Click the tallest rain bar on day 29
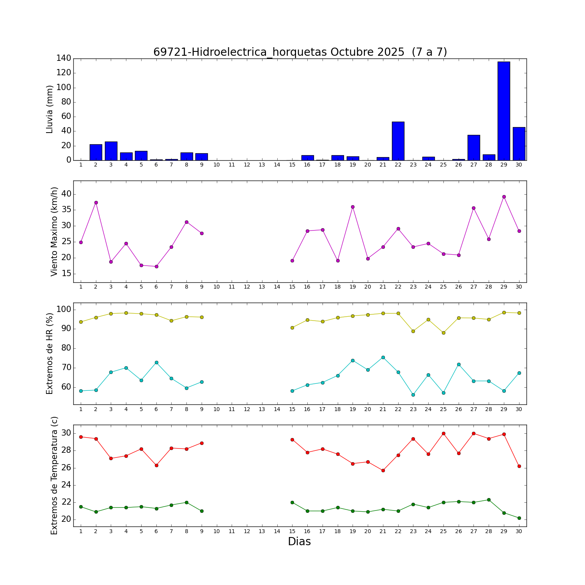[x=503, y=111]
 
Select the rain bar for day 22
[x=398, y=141]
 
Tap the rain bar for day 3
[x=111, y=151]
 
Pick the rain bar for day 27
[x=473, y=148]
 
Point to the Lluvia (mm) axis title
[x=50, y=109]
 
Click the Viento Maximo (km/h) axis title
[x=54, y=232]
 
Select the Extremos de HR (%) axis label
[x=50, y=353]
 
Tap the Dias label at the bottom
[x=299, y=542]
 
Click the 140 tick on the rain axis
[x=64, y=58]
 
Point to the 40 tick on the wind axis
[x=66, y=194]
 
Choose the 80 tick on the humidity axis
[x=66, y=348]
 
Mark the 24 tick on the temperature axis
[x=66, y=485]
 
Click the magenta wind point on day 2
[x=96, y=202]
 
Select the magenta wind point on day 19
[x=353, y=207]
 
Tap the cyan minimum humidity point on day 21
[x=383, y=357]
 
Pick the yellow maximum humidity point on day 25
[x=443, y=333]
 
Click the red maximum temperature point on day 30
[x=519, y=466]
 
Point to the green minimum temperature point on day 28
[x=489, y=500]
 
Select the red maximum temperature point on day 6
[x=156, y=465]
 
